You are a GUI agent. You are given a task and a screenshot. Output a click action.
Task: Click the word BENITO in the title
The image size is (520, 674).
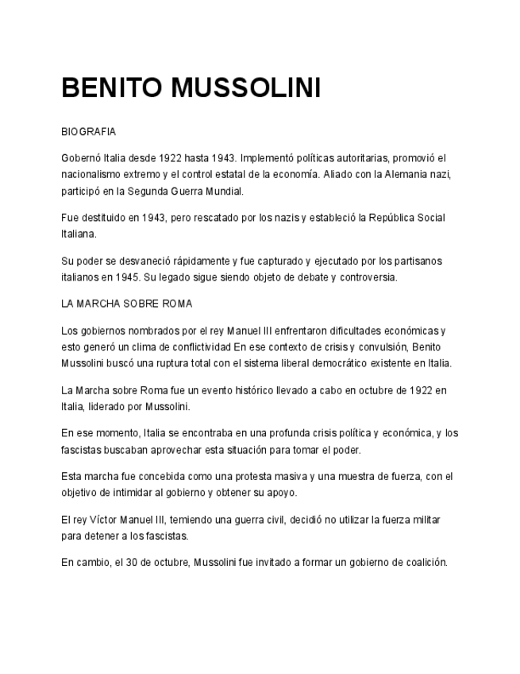click(110, 88)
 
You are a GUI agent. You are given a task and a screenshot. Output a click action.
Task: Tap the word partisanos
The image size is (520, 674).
click(414, 261)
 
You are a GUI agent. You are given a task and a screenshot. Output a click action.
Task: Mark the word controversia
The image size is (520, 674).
click(366, 277)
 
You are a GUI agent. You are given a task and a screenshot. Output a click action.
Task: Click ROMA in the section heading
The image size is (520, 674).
click(177, 304)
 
